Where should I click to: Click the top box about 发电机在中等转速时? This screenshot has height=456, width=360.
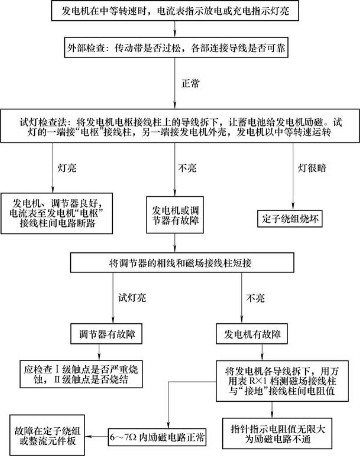click(175, 11)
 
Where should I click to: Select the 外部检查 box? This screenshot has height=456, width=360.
click(176, 48)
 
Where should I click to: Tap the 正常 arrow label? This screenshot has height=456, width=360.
click(191, 83)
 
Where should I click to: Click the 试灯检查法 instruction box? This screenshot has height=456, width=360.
click(180, 126)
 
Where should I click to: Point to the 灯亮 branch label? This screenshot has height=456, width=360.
click(67, 168)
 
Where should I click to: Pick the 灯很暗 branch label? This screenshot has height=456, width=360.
click(311, 168)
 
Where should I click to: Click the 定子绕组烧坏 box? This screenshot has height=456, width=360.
click(290, 219)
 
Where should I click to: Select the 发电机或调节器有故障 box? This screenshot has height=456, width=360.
click(175, 215)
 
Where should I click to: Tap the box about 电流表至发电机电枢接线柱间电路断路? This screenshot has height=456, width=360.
click(56, 213)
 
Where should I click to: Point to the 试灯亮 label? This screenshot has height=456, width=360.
click(132, 298)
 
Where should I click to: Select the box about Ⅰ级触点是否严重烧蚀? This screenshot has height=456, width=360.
click(81, 374)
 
